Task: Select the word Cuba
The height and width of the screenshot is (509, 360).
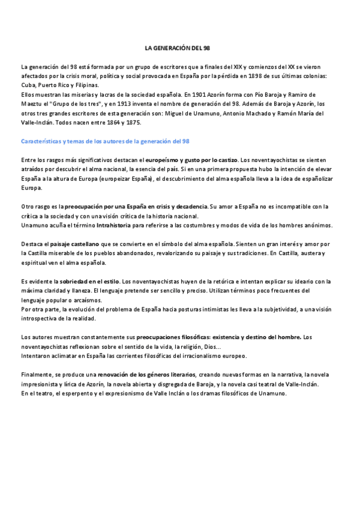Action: point(28,85)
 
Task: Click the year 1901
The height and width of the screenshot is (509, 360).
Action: point(194,95)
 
